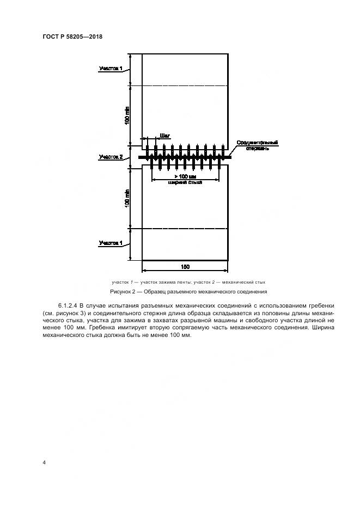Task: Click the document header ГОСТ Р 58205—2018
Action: coord(72,36)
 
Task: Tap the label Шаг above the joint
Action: coord(164,137)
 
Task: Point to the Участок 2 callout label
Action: coord(111,157)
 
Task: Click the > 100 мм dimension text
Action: coord(185,176)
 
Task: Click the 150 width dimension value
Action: coord(185,267)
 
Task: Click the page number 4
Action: coord(44,463)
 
